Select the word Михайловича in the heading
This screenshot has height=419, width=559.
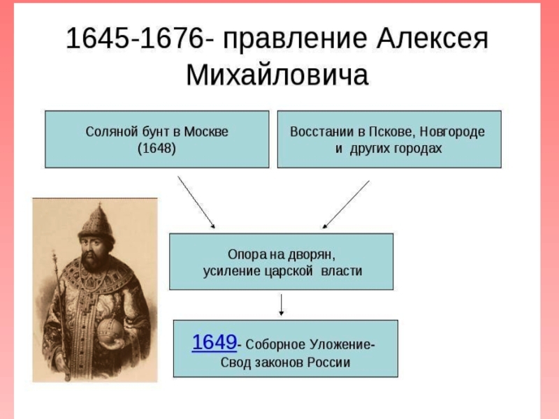(x=277, y=75)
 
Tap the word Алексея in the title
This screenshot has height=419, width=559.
(x=432, y=38)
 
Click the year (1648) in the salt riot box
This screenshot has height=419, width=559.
(x=157, y=148)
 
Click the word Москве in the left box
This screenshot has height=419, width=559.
(x=206, y=132)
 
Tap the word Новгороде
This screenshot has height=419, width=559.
(x=452, y=132)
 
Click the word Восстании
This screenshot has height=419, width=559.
(x=322, y=132)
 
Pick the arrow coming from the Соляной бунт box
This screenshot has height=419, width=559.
(x=196, y=202)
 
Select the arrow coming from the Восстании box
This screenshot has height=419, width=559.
(x=346, y=205)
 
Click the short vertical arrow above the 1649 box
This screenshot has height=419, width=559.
(x=282, y=304)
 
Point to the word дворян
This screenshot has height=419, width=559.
(x=311, y=255)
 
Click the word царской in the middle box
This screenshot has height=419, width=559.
(x=289, y=272)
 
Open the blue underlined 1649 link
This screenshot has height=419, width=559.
(x=215, y=342)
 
